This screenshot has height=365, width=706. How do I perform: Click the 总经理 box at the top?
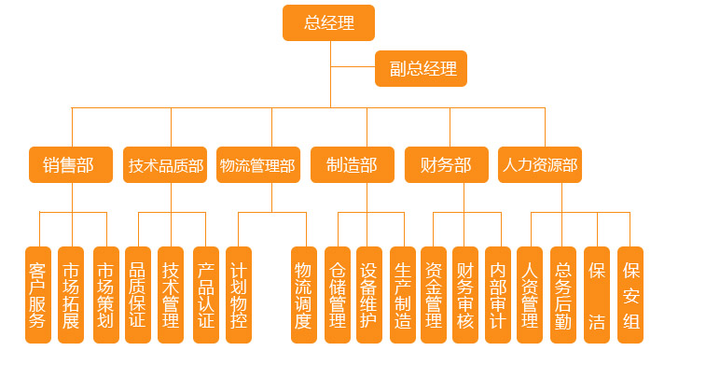point(328,23)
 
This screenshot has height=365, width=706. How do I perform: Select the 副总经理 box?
point(421,69)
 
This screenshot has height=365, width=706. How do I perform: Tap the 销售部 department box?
point(70,165)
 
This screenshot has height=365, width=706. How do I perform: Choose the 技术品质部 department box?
point(165,165)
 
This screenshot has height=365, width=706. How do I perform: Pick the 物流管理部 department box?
point(257,165)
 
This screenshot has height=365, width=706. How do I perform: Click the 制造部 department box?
point(353,165)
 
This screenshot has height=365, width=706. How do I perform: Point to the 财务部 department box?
point(447,165)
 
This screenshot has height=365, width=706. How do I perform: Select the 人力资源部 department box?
point(540,165)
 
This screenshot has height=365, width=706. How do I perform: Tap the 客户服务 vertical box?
point(38,295)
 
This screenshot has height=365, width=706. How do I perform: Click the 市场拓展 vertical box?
point(71,295)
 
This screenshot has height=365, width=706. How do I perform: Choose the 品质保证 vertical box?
point(137,295)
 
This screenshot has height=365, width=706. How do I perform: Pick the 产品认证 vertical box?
point(206,295)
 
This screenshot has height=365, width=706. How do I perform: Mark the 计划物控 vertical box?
point(239,295)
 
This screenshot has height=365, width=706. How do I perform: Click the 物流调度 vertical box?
point(303,295)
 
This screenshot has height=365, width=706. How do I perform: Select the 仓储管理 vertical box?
point(338,295)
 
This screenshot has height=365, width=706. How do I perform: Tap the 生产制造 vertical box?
point(403,295)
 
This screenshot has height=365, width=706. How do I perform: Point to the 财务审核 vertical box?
point(465,295)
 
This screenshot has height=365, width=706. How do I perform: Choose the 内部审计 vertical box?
point(498,295)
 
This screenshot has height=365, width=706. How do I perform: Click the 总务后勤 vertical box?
point(563,295)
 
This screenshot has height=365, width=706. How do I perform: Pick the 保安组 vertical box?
point(630,295)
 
